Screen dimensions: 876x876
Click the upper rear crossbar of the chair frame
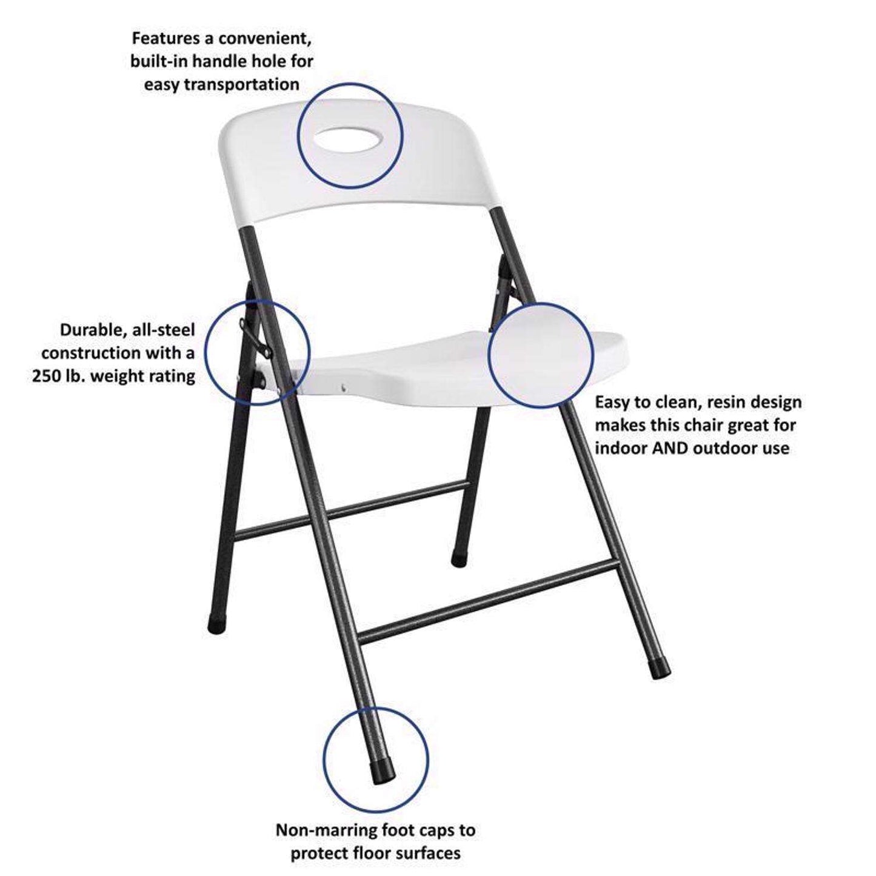click(x=352, y=508)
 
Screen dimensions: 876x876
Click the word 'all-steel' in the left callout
click(x=162, y=330)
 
